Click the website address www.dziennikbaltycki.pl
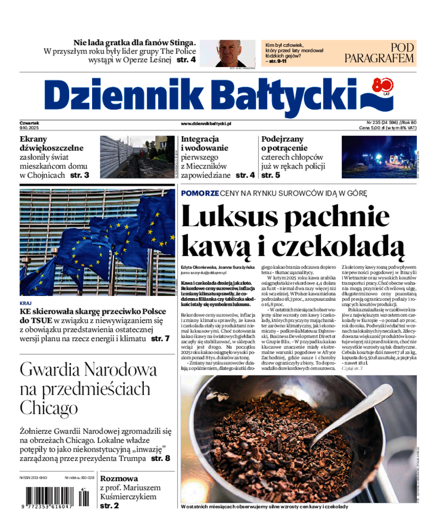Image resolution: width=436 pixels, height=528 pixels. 206,124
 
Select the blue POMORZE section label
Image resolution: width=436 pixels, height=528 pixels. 199,193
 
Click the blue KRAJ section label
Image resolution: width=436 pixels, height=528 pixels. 25,303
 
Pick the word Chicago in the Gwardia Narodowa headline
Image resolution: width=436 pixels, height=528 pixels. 49,407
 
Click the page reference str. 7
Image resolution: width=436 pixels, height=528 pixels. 163,338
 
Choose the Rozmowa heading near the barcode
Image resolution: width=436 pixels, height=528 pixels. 118,478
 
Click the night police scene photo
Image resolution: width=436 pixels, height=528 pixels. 379,157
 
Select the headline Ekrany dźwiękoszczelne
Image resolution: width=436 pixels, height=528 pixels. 51,143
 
